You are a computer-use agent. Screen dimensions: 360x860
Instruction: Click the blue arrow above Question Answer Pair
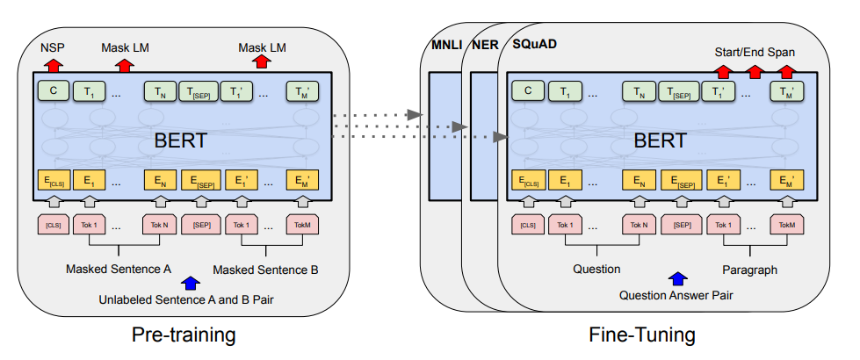point(678,279)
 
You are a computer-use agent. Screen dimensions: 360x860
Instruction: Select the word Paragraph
point(749,270)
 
